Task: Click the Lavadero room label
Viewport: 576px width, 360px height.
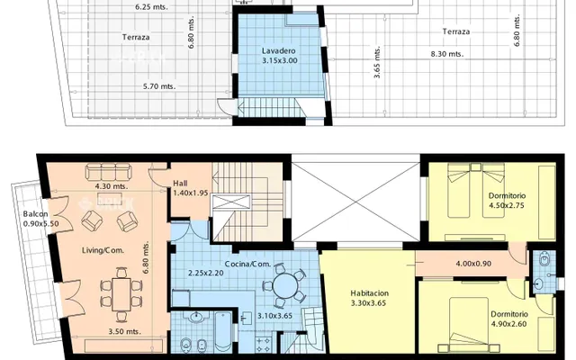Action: point(278,51)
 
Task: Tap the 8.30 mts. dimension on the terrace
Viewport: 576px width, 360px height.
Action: point(447,54)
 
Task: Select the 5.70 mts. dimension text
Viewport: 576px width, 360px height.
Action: point(159,86)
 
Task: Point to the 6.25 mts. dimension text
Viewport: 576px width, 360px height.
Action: point(151,6)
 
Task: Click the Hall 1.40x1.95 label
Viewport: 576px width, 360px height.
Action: point(190,188)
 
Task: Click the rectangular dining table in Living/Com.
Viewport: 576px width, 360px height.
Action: point(121,294)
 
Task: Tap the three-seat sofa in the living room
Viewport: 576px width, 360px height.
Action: point(108,172)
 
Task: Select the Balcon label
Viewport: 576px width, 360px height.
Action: point(35,214)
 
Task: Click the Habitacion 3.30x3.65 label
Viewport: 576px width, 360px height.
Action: point(369,298)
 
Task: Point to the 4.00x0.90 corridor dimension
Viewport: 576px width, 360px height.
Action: point(473,264)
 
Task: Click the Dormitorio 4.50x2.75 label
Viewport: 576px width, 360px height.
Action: point(507,201)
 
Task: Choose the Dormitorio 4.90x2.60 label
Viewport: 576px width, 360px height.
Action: point(509,319)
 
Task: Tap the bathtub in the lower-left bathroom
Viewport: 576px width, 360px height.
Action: point(223,332)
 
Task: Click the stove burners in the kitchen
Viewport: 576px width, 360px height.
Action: point(263,345)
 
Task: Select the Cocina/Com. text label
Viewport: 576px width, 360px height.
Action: point(247,264)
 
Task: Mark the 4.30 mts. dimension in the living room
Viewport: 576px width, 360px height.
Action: point(112,186)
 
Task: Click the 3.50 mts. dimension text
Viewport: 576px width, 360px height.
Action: point(124,331)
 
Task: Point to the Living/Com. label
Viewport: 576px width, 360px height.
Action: point(103,250)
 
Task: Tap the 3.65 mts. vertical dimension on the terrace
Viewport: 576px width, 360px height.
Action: point(377,62)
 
